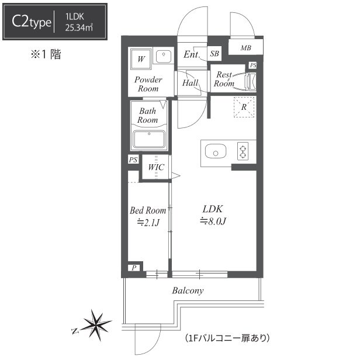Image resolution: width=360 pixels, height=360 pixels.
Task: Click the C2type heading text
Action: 31,22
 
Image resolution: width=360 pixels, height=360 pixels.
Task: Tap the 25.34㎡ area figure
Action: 79,28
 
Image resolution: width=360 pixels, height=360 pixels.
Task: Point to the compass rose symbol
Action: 95,325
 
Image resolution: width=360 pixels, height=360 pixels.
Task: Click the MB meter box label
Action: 245,48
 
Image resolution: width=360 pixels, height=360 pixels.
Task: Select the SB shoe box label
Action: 214,54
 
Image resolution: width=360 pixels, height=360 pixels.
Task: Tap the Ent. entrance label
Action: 192,54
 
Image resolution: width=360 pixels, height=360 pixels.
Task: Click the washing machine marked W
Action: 141,59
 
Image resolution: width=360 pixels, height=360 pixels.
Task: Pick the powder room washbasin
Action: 164,56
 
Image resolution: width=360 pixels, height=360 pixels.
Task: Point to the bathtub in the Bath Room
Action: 149,139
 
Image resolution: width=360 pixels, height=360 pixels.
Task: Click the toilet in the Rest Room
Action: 251,82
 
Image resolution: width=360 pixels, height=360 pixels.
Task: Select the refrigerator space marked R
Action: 244,107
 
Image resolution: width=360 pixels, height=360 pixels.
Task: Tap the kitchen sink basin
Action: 215,151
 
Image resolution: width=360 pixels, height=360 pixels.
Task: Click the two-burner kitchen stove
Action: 243,151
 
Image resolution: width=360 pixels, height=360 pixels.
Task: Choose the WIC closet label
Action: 156,167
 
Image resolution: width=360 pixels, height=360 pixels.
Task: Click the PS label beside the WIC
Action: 133,160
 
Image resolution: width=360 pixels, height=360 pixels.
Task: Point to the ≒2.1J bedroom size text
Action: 148,223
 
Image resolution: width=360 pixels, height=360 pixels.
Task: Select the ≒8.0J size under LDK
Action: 213,221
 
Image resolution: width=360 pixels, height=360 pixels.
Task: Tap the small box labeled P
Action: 134,268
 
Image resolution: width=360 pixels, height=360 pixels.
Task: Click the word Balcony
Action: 188,290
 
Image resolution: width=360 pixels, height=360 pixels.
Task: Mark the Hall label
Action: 191,83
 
